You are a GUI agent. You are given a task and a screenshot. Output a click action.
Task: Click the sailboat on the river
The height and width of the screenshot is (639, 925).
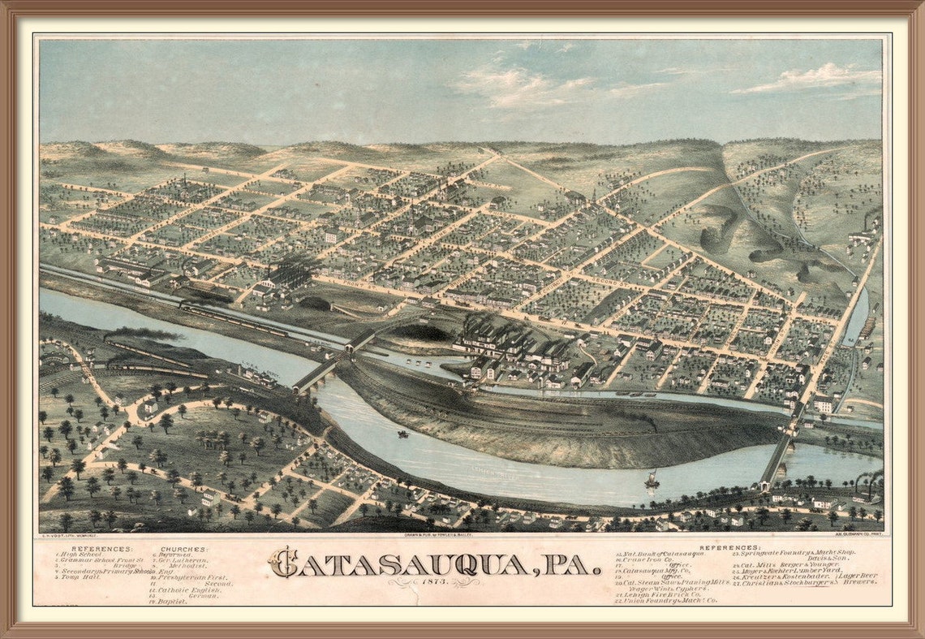[651, 480]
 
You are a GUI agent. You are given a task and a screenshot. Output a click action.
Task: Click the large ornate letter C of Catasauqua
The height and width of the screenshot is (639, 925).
[283, 562]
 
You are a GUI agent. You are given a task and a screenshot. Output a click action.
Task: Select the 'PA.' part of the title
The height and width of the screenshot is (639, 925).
[572, 563]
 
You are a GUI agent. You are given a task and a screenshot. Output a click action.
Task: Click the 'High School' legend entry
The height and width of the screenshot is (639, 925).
[81, 555]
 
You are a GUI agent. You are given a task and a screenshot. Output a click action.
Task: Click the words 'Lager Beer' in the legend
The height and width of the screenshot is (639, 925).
[858, 576]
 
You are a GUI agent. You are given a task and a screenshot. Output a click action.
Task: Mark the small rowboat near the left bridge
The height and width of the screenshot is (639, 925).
[402, 434]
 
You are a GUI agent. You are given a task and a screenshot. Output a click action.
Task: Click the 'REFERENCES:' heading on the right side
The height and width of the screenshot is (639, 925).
[730, 547]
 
